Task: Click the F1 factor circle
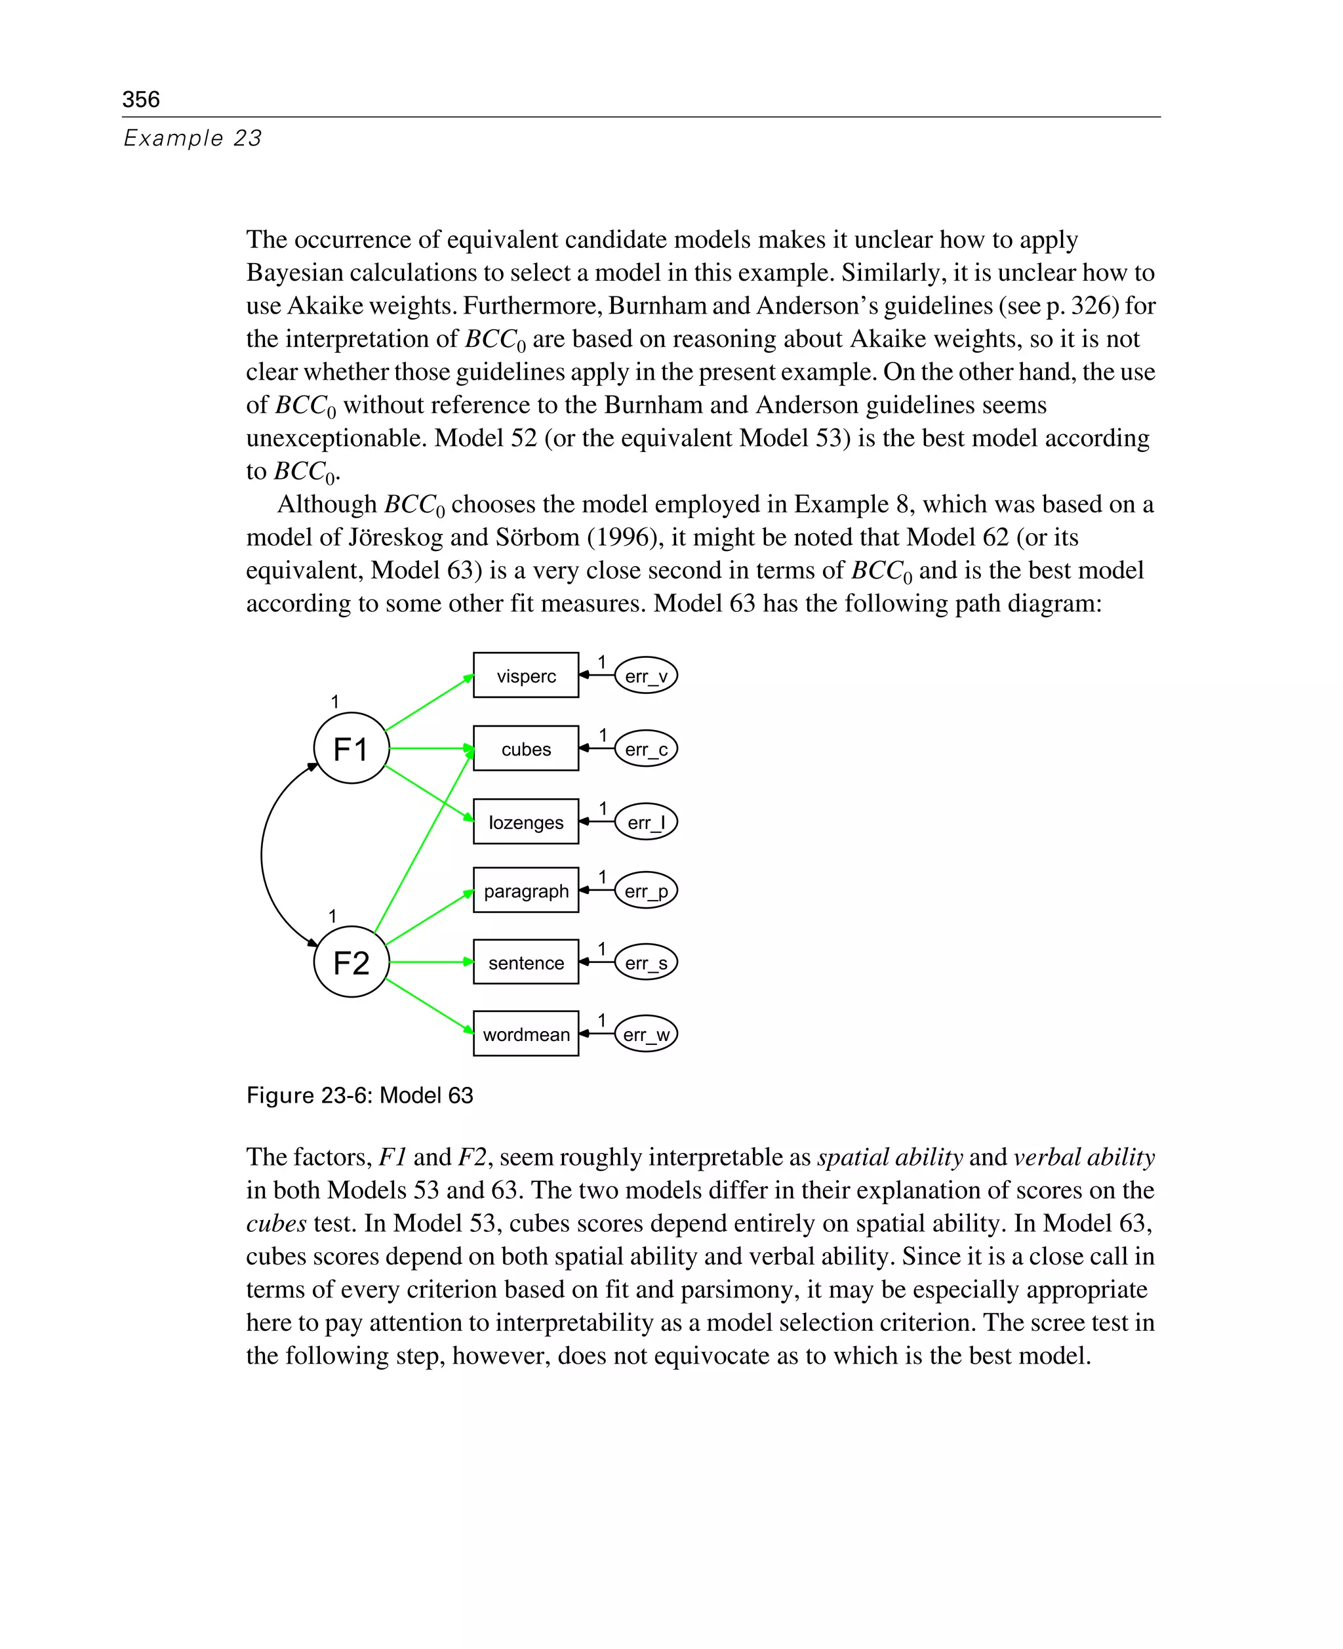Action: [x=351, y=748]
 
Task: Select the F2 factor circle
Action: [x=351, y=961]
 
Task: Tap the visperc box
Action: [x=525, y=675]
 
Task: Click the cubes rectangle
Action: [x=525, y=748]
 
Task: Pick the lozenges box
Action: [x=525, y=821]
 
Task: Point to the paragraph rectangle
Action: [x=525, y=890]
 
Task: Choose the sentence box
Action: [x=525, y=961]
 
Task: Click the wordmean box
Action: [x=525, y=1033]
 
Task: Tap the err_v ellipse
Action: [x=645, y=675]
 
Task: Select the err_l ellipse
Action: [x=645, y=821]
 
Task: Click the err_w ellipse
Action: [x=645, y=1033]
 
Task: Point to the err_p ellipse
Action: [x=645, y=890]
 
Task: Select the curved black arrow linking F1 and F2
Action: [x=262, y=855]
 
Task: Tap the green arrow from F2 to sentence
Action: [x=430, y=961]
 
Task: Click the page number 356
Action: [x=141, y=99]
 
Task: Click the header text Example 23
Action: [x=193, y=138]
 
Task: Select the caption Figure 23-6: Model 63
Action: [x=359, y=1095]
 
